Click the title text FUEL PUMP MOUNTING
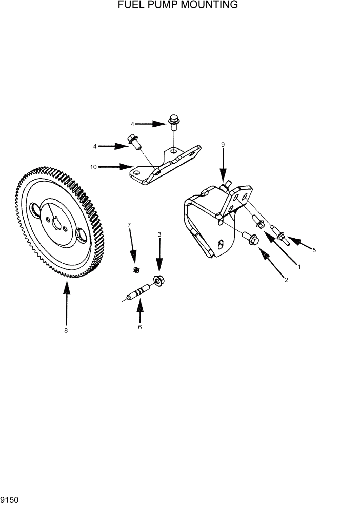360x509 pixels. click(x=178, y=5)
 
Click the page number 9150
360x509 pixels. click(x=10, y=499)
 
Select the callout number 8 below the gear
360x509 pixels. click(x=66, y=331)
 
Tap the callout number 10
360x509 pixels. click(x=93, y=167)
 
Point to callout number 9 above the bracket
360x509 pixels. click(x=223, y=145)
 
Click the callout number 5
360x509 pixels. click(x=314, y=250)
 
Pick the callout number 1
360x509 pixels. click(x=299, y=267)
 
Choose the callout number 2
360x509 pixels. click(x=286, y=280)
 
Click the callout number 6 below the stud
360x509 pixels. click(x=139, y=327)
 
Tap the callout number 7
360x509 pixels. click(x=129, y=225)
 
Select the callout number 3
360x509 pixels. click(x=159, y=234)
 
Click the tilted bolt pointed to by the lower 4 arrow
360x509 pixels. click(x=133, y=141)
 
